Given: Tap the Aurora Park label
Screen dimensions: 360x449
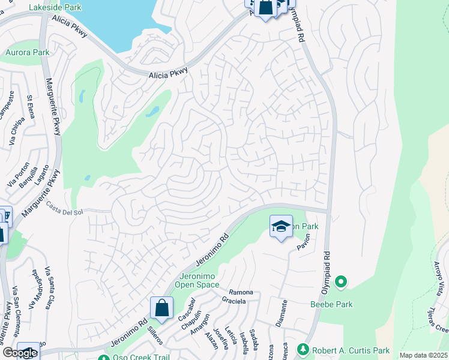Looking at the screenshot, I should pyautogui.click(x=27, y=53).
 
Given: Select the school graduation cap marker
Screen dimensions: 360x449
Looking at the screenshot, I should pyautogui.click(x=280, y=227).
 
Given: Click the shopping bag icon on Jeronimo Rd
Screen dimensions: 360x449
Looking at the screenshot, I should pyautogui.click(x=161, y=308).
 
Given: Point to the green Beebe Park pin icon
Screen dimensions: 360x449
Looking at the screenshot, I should pyautogui.click(x=342, y=281).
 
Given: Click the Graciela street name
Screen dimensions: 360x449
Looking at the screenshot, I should pyautogui.click(x=234, y=301).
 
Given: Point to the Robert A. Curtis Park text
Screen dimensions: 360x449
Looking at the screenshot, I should pyautogui.click(x=351, y=350).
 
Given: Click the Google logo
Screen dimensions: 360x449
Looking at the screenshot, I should pyautogui.click(x=20, y=353).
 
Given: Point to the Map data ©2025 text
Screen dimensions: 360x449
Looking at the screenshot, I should pyautogui.click(x=423, y=355).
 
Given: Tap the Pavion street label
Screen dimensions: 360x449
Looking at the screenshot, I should pyautogui.click(x=303, y=242).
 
